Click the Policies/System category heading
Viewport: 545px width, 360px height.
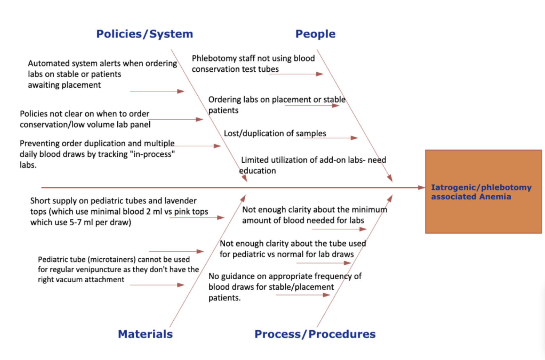click(145, 34)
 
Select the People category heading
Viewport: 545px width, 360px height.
click(315, 34)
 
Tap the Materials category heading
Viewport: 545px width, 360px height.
click(145, 334)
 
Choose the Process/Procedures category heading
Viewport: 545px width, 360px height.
click(315, 334)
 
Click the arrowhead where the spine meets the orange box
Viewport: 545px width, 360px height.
click(422, 187)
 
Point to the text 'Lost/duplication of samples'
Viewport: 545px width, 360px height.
click(275, 133)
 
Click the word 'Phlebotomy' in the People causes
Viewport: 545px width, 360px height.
click(209, 59)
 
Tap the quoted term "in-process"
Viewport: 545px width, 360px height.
click(152, 154)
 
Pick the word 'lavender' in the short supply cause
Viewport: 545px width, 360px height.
click(180, 201)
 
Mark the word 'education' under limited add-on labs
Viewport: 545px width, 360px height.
click(257, 171)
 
